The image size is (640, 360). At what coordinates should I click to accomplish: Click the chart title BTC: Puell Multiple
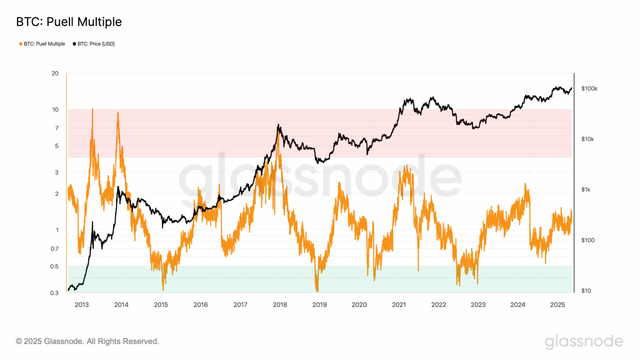pyautogui.click(x=69, y=22)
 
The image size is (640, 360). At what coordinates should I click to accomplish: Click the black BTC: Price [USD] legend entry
pyautogui.click(x=94, y=44)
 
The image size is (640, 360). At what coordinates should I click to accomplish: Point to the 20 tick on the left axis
pyautogui.click(x=55, y=74)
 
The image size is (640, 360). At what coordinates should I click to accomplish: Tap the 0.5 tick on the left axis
pyautogui.click(x=54, y=266)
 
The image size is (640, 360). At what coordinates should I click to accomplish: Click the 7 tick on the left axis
pyautogui.click(x=56, y=128)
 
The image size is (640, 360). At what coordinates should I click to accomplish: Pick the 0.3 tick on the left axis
pyautogui.click(x=54, y=292)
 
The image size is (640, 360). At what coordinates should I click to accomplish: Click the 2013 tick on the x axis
pyautogui.click(x=81, y=304)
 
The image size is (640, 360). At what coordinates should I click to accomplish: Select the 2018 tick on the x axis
pyautogui.click(x=279, y=304)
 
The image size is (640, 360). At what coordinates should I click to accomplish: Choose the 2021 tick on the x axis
pyautogui.click(x=399, y=304)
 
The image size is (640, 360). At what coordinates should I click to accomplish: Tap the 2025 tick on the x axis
pyautogui.click(x=557, y=304)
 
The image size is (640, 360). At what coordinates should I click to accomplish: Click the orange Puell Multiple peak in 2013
pyautogui.click(x=92, y=109)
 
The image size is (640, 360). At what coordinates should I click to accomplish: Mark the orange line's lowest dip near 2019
pyautogui.click(x=317, y=291)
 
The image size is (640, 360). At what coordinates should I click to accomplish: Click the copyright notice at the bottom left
pyautogui.click(x=87, y=341)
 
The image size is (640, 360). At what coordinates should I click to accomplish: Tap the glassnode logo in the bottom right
pyautogui.click(x=583, y=341)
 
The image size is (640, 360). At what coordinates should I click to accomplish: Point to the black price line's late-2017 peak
pyautogui.click(x=279, y=126)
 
